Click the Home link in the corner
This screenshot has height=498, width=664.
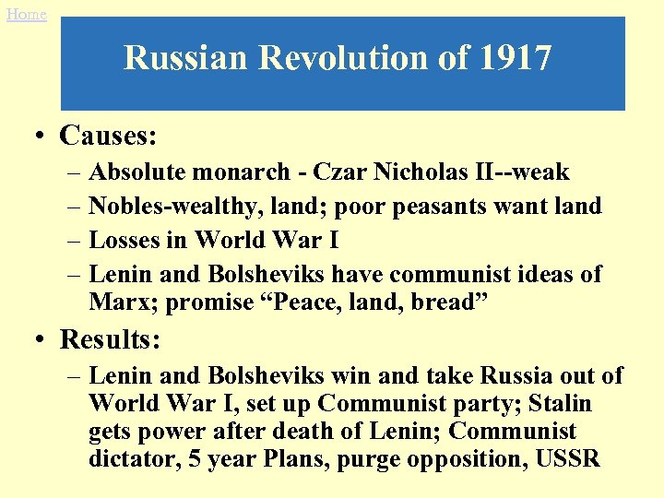(25, 14)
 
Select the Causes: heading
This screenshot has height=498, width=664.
(108, 136)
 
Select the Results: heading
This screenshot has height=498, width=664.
(111, 339)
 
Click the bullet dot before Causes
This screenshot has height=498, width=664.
(40, 137)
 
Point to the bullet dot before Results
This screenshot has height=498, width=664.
(40, 340)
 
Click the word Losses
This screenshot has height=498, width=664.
(125, 241)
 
